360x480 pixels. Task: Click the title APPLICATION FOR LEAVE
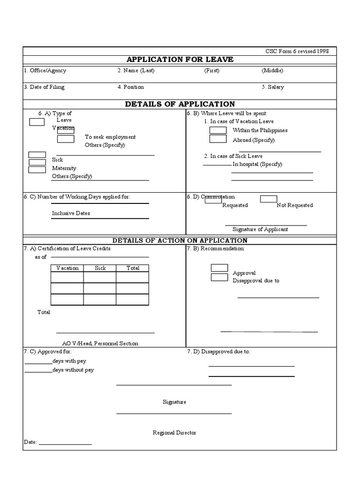180,60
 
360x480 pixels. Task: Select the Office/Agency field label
45,71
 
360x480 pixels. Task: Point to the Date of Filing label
44,87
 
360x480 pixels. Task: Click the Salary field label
273,87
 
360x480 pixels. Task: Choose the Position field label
131,87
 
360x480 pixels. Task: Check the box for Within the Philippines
218,130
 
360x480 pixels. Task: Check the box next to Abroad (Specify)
218,139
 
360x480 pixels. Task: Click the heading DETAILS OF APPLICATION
180,104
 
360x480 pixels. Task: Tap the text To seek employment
110,137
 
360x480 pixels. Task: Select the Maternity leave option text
64,168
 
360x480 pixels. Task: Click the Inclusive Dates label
71,213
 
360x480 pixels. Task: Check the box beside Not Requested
269,199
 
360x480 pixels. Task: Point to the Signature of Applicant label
260,230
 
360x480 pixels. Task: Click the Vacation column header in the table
67,268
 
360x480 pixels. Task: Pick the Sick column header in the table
100,268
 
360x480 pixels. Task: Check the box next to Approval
219,268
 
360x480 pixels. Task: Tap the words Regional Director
174,433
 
